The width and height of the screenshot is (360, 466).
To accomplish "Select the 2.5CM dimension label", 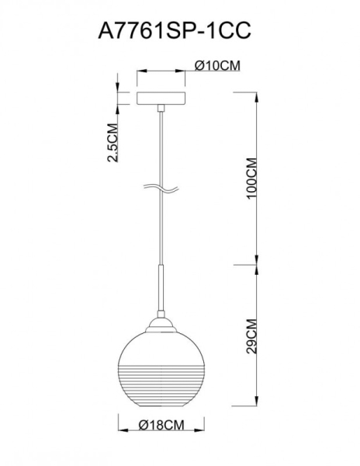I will pos(112,142).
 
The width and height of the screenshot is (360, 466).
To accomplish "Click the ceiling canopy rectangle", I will pos(162,99).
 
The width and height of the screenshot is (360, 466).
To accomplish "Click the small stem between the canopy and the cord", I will pos(161,109).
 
